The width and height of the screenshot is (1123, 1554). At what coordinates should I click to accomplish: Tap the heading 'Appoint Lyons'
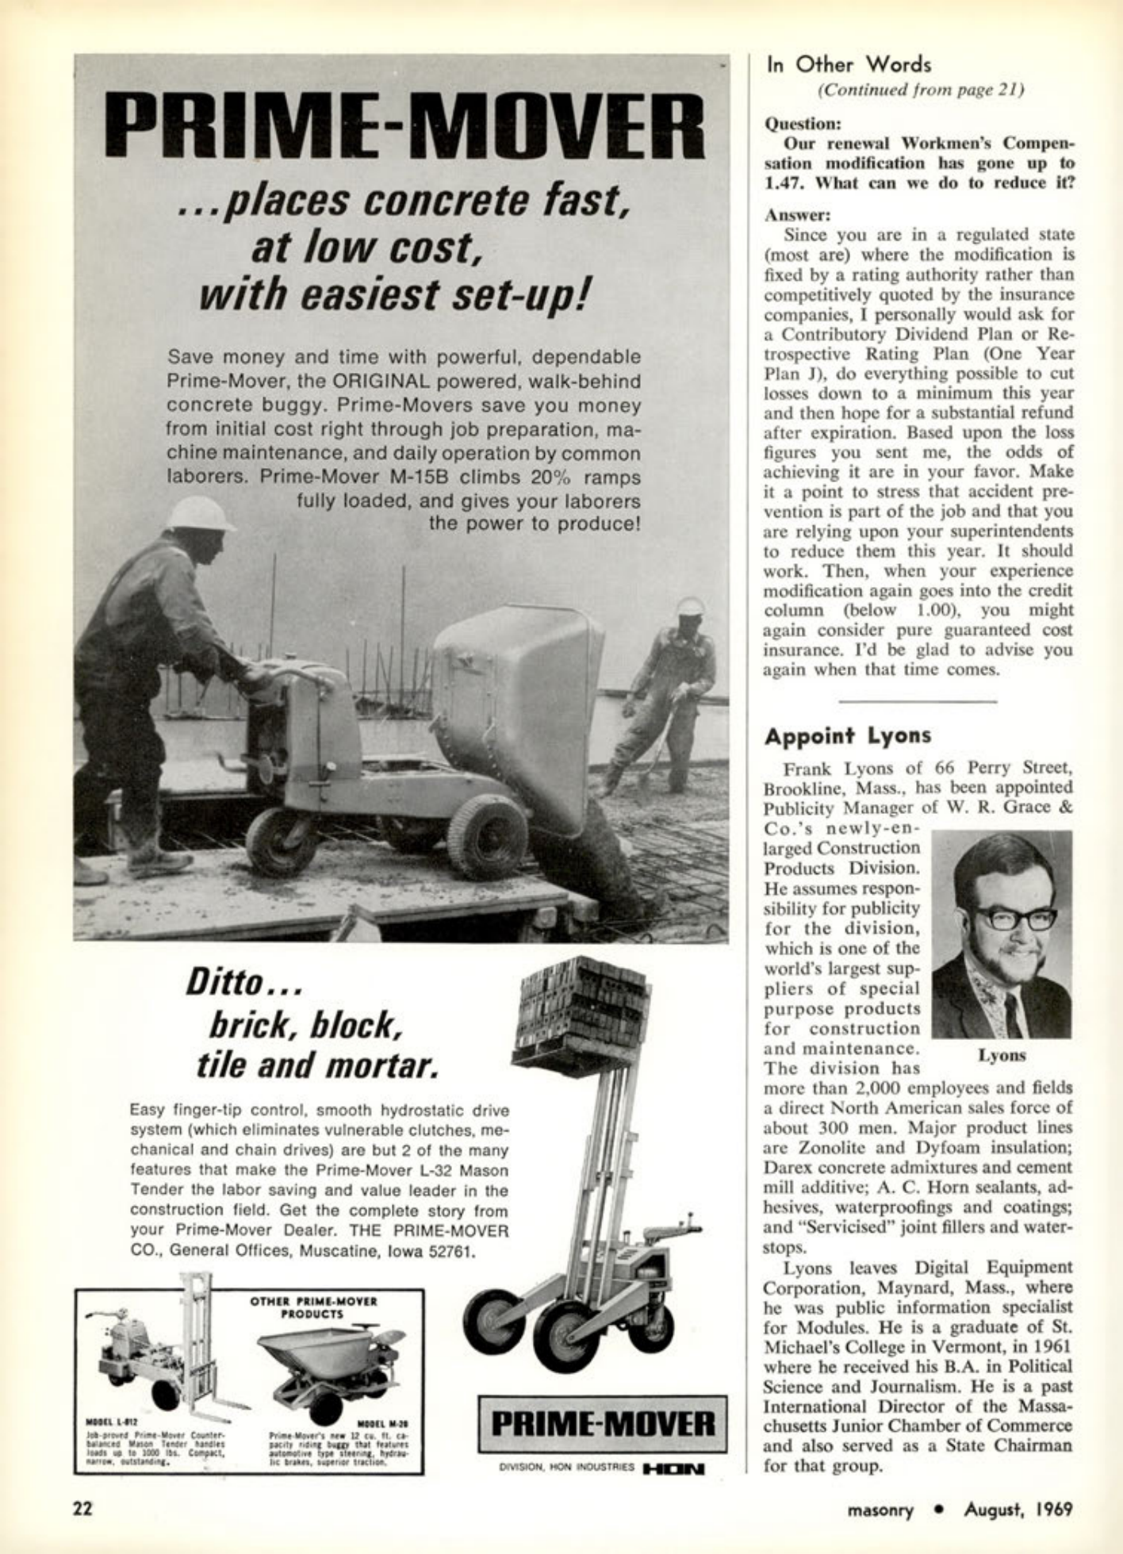point(847,736)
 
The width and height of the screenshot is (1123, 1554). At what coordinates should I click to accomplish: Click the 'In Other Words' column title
point(848,65)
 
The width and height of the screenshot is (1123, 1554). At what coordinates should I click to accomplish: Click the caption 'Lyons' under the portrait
point(1002,1055)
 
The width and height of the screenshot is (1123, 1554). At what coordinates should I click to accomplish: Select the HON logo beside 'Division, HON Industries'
point(676,1468)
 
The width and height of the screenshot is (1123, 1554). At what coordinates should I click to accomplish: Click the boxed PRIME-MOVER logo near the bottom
point(603,1424)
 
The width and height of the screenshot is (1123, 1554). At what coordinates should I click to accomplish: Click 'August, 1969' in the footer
point(1018,1510)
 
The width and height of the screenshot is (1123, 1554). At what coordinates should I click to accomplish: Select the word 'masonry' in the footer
point(880,1510)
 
